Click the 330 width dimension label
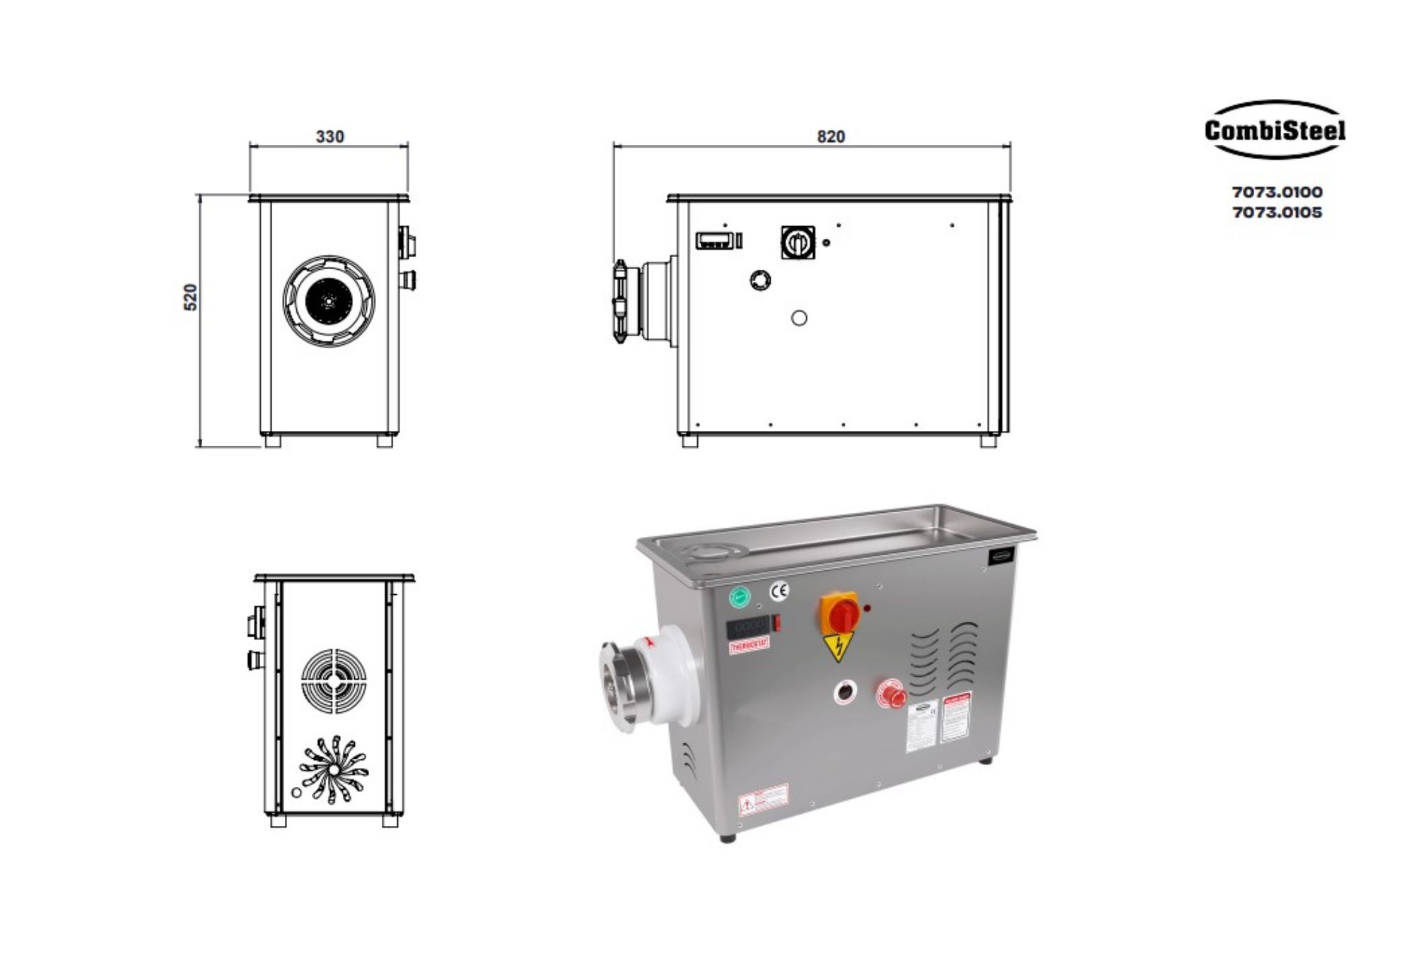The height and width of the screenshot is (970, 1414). point(329,136)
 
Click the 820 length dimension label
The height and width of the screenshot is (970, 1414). point(831,136)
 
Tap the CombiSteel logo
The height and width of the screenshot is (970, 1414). point(1275,130)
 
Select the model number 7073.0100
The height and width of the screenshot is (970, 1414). point(1277,192)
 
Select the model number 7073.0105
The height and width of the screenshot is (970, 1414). point(1277,212)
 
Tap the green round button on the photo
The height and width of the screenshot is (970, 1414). point(739,597)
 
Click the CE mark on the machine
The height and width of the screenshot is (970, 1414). point(779,591)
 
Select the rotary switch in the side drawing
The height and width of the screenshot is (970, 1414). point(797,242)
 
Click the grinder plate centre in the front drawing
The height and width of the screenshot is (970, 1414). point(329,300)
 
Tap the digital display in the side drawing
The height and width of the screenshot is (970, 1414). point(714,241)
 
